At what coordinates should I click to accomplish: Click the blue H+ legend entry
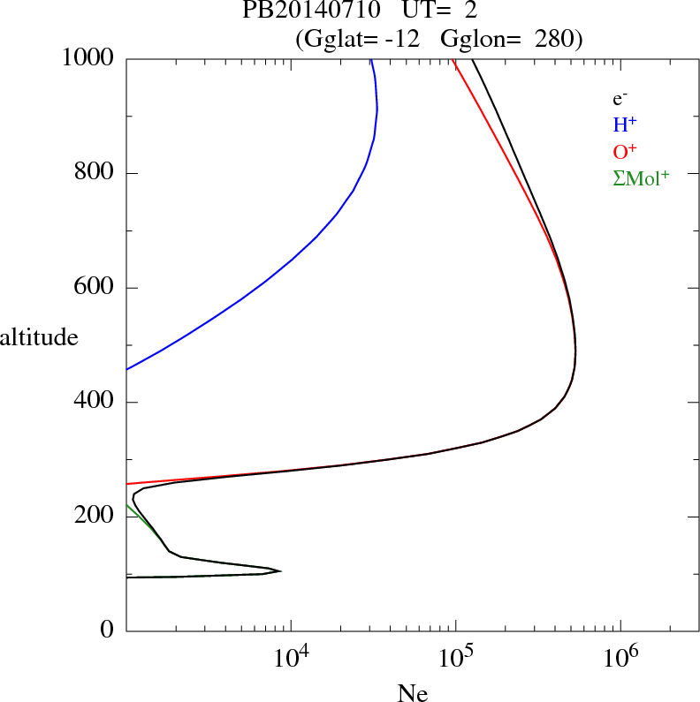click(625, 125)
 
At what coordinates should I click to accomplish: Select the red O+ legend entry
click(625, 152)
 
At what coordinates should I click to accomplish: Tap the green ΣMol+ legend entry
click(640, 178)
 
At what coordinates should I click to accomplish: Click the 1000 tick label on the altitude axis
click(89, 58)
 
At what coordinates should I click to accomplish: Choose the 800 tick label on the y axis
click(94, 173)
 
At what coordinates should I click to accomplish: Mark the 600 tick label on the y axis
click(94, 288)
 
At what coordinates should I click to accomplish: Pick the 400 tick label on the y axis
click(94, 403)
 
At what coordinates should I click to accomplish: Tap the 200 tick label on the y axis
click(94, 517)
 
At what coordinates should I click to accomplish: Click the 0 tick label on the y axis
click(108, 630)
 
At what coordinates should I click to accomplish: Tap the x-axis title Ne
click(413, 693)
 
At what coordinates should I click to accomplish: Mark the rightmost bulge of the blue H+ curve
click(377, 109)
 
